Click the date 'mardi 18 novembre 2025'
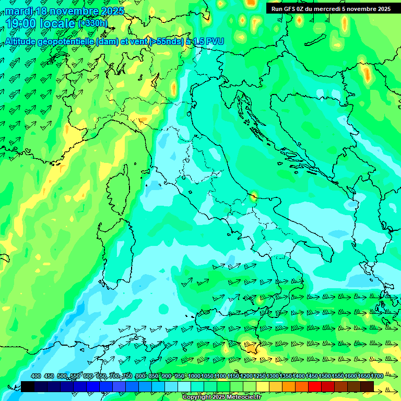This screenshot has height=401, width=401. [65, 11]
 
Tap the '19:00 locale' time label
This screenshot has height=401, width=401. [41, 23]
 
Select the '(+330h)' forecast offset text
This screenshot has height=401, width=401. [93, 23]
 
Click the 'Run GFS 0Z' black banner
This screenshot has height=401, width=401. [331, 9]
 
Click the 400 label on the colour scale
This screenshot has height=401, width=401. [36, 376]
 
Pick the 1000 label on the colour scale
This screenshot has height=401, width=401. [194, 376]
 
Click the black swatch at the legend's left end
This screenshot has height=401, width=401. [28, 386]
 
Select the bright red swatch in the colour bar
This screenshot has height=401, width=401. [315, 386]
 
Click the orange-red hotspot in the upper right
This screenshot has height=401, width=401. [367, 75]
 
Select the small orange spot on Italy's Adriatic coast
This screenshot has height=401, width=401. [254, 196]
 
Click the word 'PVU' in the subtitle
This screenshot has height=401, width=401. [213, 42]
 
